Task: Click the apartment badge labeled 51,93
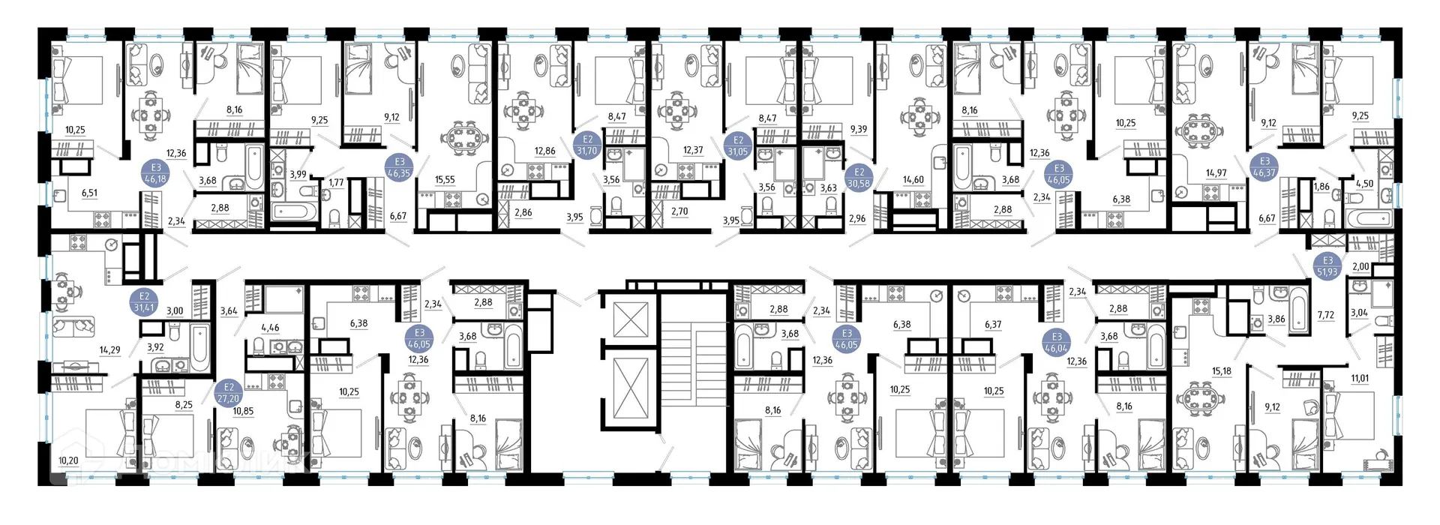[x=1327, y=266]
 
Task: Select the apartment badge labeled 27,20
[x=229, y=394]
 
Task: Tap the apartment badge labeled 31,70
[x=587, y=145]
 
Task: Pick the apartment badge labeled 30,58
[x=859, y=178]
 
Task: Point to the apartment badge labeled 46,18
[x=156, y=174]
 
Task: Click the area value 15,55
[x=445, y=180]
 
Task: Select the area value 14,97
[x=1216, y=173]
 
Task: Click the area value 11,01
[x=1360, y=379]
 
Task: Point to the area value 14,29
[x=110, y=350]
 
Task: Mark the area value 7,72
[x=1326, y=316]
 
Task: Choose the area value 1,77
[x=336, y=182]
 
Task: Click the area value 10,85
[x=243, y=412]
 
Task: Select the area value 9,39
[x=858, y=130]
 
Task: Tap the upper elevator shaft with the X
[x=630, y=319]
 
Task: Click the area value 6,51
[x=89, y=193]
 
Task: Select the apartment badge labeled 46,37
[x=1264, y=167]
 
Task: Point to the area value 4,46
[x=270, y=328]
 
